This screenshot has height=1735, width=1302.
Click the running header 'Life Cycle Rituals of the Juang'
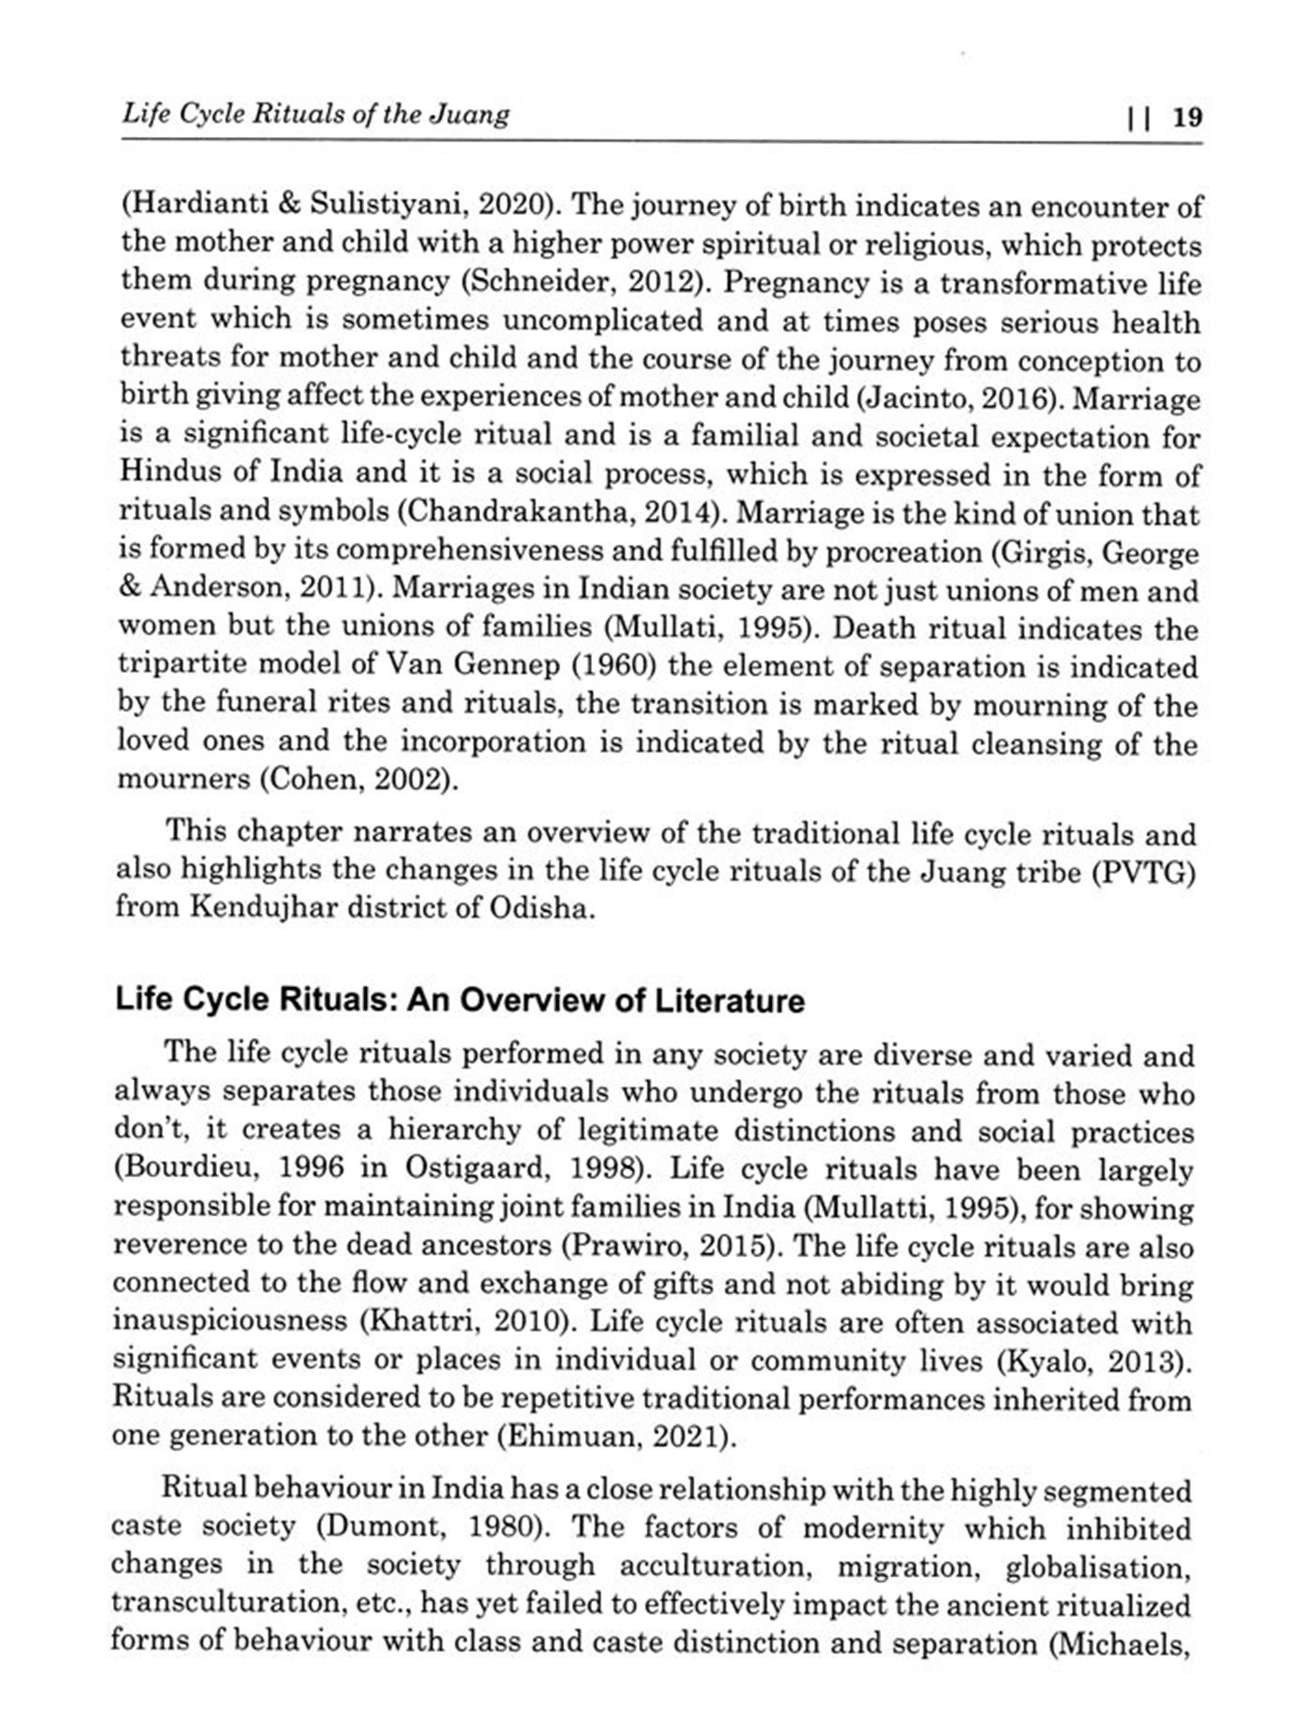(x=316, y=114)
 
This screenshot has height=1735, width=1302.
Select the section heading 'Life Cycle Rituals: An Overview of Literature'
(x=460, y=1000)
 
